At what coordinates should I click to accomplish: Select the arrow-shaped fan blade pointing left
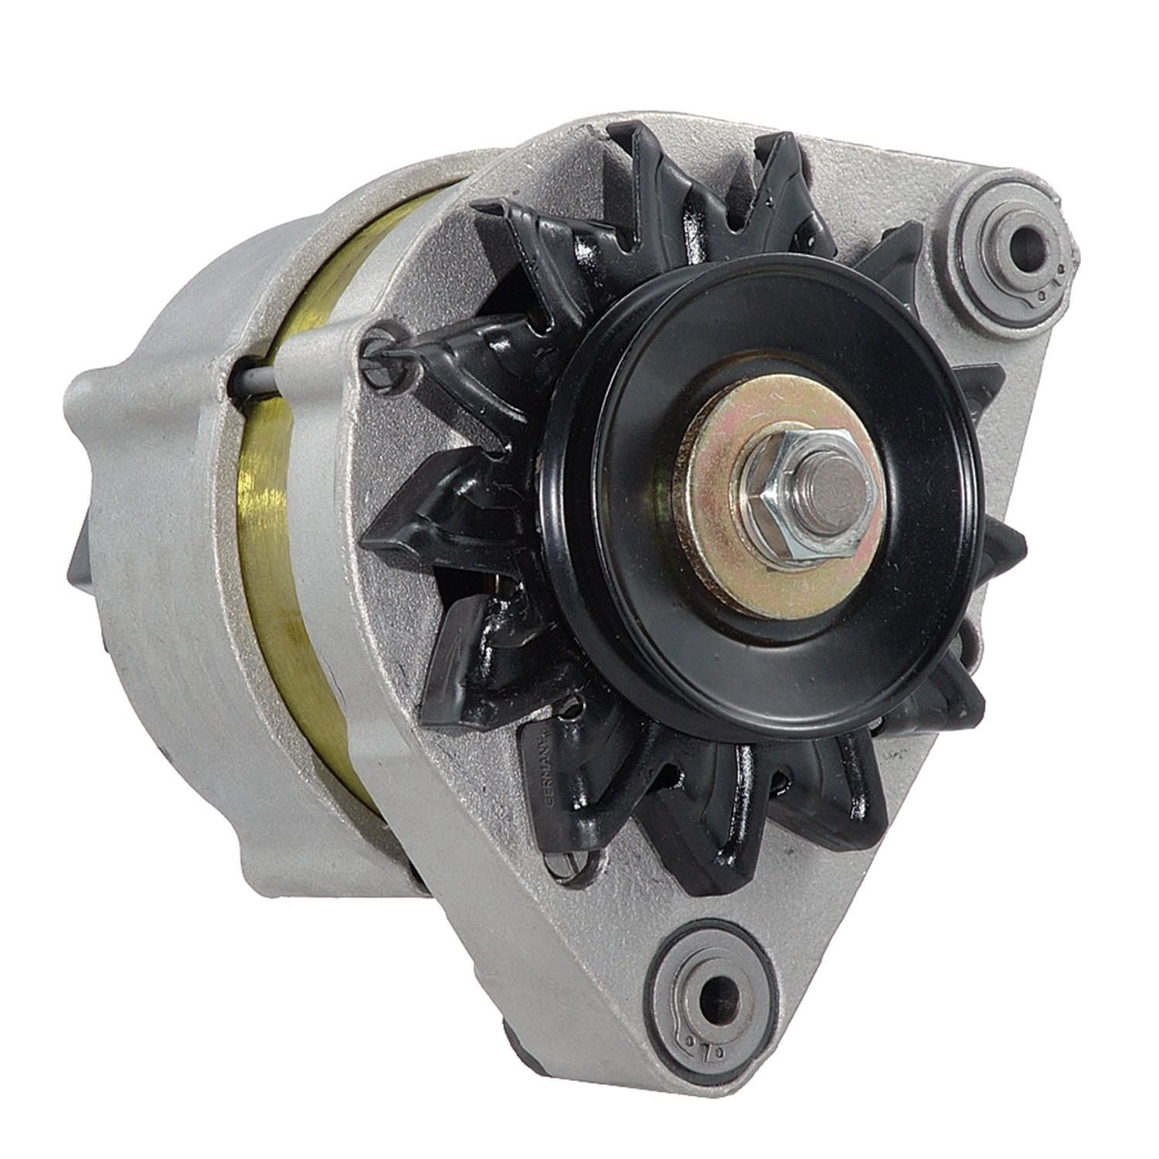pos(417,533)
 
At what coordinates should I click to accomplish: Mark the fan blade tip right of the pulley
pos(1004,541)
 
